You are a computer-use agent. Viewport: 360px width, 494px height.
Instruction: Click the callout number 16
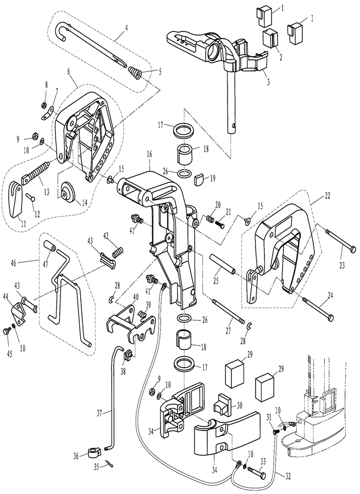(149, 154)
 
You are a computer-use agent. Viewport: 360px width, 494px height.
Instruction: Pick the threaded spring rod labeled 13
(36, 173)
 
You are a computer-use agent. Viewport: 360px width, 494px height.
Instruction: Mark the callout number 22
(327, 195)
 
